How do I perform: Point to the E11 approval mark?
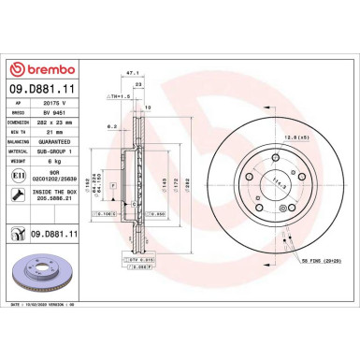(17, 174)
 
